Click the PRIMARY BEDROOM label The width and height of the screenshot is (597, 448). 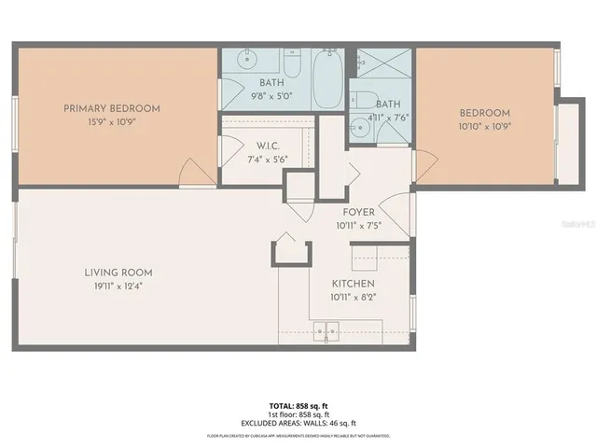[111, 108]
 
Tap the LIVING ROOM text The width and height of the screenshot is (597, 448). [118, 273]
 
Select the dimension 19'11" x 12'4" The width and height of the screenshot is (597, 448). [118, 287]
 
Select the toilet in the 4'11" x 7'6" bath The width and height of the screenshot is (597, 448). [367, 101]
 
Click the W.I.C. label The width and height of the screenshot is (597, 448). [269, 145]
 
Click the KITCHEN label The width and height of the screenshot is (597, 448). [354, 284]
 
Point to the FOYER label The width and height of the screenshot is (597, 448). [359, 212]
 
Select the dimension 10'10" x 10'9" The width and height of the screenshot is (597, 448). [484, 126]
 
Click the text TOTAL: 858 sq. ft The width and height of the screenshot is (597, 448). [298, 405]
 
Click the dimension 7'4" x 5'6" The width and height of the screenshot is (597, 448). [269, 159]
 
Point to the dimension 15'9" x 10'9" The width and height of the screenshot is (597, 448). [111, 122]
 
